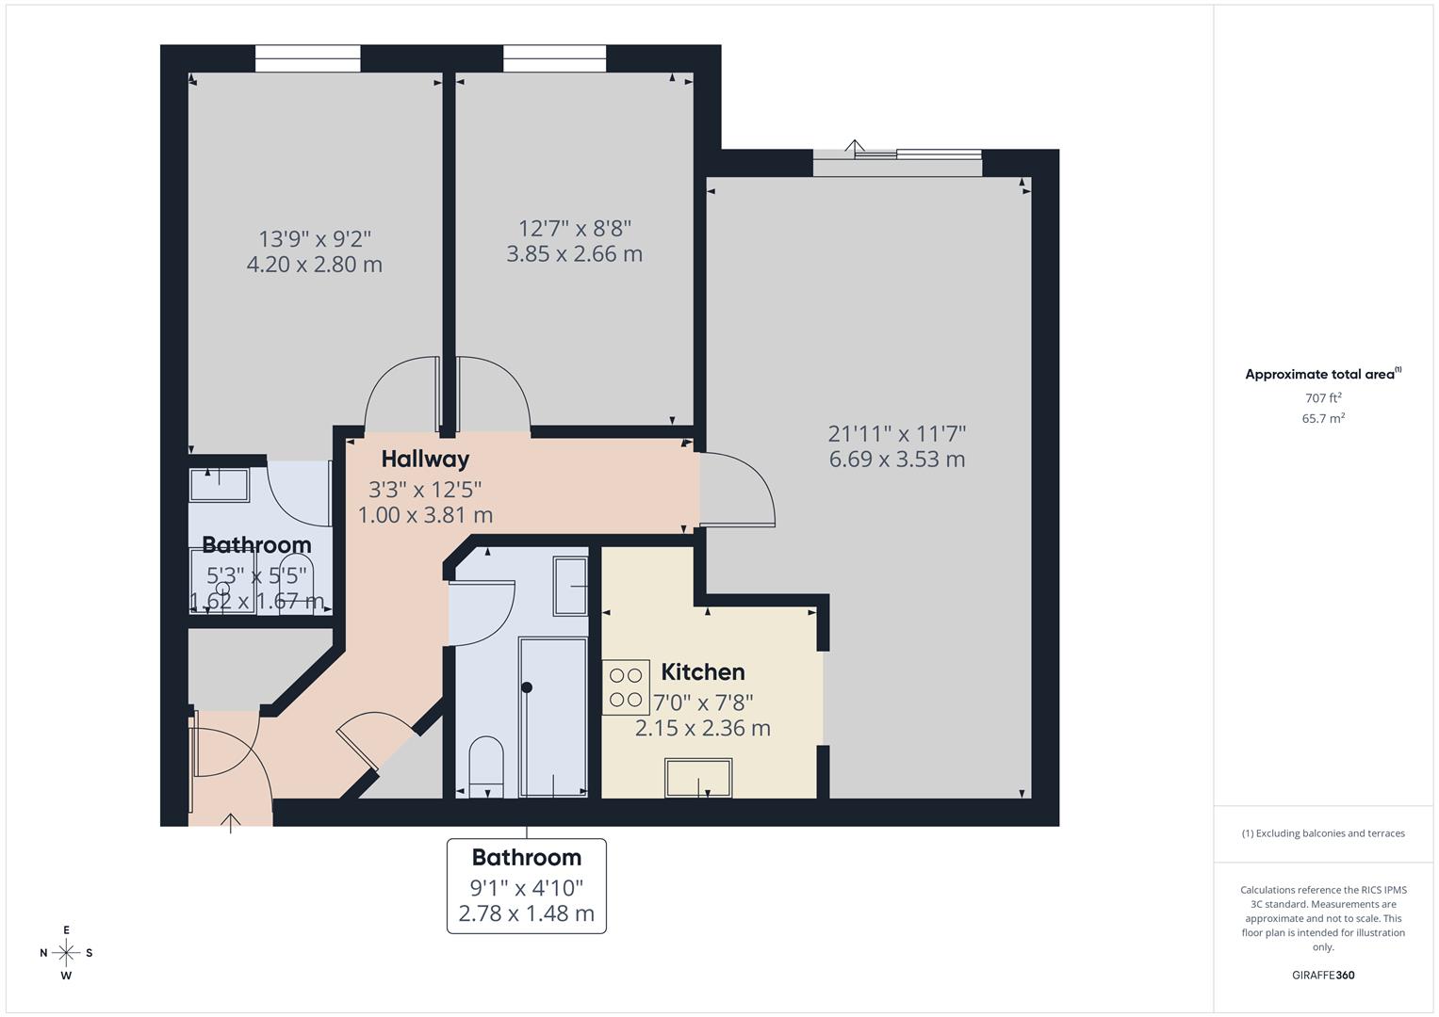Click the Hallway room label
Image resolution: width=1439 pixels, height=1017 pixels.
click(425, 460)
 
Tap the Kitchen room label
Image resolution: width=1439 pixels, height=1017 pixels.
click(703, 672)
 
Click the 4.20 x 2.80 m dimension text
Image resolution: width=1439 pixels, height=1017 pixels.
click(314, 265)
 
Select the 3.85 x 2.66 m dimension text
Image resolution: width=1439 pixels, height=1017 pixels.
click(574, 254)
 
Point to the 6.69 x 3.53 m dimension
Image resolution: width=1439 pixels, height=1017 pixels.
click(896, 460)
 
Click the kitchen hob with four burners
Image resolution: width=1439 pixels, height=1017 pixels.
click(626, 687)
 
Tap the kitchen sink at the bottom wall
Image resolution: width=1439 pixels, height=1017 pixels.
click(698, 778)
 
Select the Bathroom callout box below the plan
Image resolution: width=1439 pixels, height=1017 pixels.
click(526, 885)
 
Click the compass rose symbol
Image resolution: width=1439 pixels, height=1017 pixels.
click(66, 953)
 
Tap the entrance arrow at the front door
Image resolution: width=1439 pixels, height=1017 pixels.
click(231, 823)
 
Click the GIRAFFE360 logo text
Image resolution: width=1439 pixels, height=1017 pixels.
click(1322, 976)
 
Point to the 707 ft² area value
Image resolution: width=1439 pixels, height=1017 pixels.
click(1323, 398)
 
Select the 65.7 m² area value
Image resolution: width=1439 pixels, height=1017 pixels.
click(1323, 419)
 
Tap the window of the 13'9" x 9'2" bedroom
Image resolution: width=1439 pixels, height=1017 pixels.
click(308, 59)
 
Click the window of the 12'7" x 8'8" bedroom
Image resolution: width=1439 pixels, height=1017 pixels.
click(554, 59)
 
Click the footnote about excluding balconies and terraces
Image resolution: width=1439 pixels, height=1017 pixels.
click(1322, 833)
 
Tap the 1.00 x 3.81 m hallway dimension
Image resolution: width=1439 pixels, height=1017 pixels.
click(425, 516)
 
